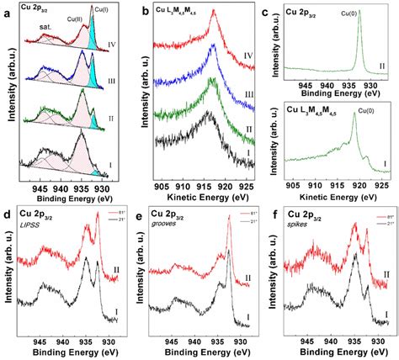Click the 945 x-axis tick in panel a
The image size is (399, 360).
(x=39, y=188)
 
